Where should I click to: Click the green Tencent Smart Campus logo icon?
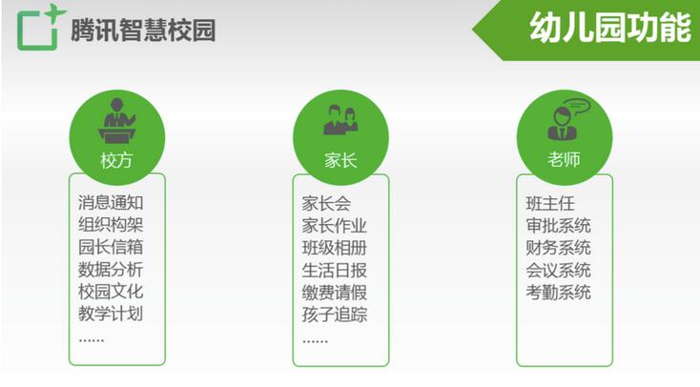click(x=38, y=29)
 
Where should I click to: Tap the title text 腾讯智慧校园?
click(x=143, y=31)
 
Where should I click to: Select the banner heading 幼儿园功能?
click(x=610, y=28)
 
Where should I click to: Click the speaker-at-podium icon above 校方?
click(x=117, y=120)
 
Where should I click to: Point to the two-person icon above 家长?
click(x=340, y=119)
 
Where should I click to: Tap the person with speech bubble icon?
click(x=567, y=119)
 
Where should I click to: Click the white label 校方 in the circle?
click(x=116, y=160)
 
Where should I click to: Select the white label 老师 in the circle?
click(x=564, y=159)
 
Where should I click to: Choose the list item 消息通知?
click(x=111, y=202)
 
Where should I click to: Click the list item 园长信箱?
click(x=111, y=247)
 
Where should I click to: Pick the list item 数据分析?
click(x=111, y=269)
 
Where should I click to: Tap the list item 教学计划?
click(x=111, y=314)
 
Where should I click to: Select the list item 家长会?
click(x=326, y=204)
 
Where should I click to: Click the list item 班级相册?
click(x=335, y=248)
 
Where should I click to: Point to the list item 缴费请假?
click(x=335, y=293)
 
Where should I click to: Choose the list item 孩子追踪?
click(x=335, y=315)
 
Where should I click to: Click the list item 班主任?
click(x=550, y=204)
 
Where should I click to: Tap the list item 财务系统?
click(x=559, y=248)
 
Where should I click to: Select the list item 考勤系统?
click(x=559, y=293)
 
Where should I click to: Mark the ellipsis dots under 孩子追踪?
click(x=315, y=341)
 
